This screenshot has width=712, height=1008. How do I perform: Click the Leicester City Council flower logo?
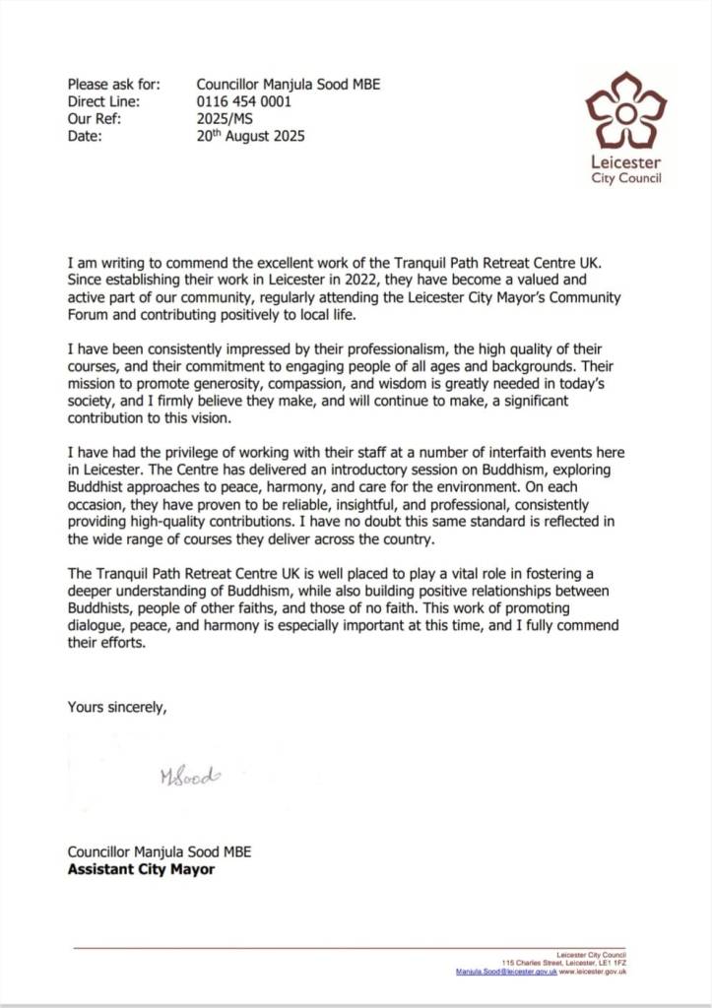click(625, 111)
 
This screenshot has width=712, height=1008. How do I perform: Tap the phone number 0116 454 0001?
click(243, 101)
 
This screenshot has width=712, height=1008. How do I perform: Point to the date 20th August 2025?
click(250, 136)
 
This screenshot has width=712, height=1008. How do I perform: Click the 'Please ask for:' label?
click(113, 85)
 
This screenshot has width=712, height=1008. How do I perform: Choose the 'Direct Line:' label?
click(103, 101)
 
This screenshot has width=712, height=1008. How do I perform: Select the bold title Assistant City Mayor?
click(141, 869)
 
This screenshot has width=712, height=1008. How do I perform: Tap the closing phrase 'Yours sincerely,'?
click(117, 706)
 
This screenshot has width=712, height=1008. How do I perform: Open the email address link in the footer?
click(506, 972)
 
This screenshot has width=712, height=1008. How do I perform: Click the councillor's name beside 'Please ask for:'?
click(288, 85)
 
